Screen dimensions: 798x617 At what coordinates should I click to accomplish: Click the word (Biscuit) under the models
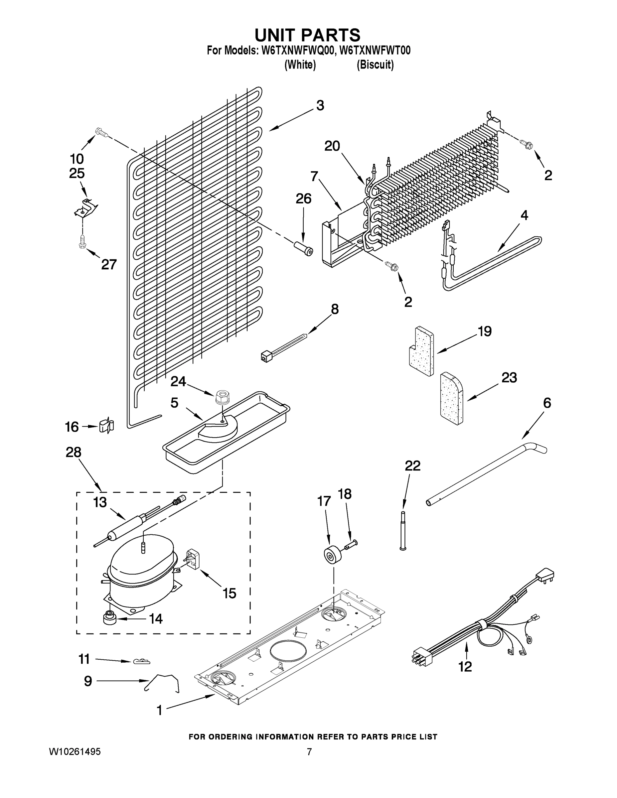pyautogui.click(x=375, y=65)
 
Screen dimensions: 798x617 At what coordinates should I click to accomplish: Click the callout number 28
pyautogui.click(x=73, y=452)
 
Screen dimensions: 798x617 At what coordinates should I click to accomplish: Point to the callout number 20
pyautogui.click(x=332, y=146)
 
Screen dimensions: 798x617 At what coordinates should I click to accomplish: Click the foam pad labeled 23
pyautogui.click(x=451, y=398)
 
